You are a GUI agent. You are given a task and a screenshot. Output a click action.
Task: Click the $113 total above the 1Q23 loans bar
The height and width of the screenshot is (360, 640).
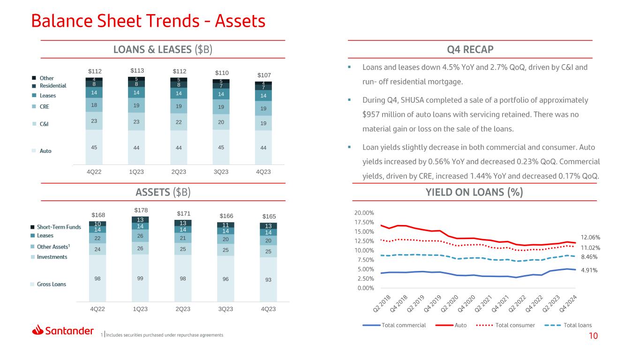[x=137, y=71]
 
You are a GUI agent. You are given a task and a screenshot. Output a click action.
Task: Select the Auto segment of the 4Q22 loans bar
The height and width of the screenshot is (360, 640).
[x=94, y=147]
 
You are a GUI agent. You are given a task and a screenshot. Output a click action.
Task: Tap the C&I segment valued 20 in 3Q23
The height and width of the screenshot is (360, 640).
[x=221, y=122]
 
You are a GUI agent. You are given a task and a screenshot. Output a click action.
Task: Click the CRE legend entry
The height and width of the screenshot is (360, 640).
[x=41, y=106]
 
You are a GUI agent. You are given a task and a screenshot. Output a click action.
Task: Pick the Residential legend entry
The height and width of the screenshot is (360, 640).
[x=49, y=86]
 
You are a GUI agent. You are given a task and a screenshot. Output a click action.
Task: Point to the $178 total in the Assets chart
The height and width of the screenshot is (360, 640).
[x=141, y=210]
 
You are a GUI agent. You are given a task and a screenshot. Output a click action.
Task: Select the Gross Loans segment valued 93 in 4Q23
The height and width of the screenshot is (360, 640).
[x=268, y=279]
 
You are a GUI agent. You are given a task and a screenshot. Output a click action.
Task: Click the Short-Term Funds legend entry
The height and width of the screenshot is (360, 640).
[x=56, y=227]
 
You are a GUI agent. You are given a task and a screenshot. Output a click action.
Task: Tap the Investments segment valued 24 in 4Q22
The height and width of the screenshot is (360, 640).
[x=98, y=249]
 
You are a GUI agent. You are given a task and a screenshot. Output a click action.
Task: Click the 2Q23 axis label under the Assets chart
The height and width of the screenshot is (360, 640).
[x=183, y=309]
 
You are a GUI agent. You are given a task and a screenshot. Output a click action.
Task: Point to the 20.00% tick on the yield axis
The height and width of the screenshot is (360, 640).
[x=364, y=213]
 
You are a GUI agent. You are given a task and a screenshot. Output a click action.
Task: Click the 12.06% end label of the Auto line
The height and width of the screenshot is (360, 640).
[x=591, y=238]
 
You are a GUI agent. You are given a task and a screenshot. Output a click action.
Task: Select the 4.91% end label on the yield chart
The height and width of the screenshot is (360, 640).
[x=589, y=270]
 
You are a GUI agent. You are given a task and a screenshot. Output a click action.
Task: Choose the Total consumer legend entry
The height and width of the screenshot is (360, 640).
[x=506, y=325]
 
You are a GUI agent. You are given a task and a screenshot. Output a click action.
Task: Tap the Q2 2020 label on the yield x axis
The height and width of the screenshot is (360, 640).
[x=450, y=303]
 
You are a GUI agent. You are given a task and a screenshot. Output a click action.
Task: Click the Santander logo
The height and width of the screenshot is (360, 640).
[x=63, y=330]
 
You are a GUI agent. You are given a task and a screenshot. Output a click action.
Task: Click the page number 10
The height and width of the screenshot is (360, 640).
[x=593, y=336]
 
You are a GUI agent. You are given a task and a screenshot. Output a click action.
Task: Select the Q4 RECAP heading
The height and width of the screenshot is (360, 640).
[x=470, y=49]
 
